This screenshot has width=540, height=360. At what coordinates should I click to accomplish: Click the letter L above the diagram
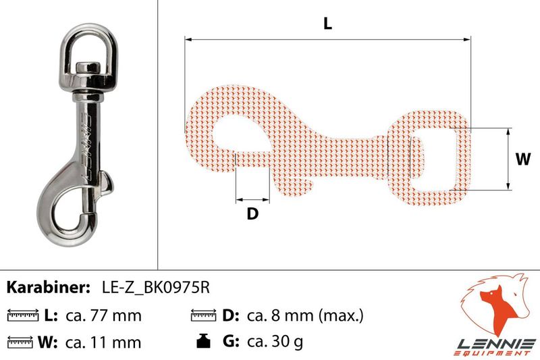(327, 24)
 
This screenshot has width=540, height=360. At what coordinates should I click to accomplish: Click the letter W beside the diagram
(523, 159)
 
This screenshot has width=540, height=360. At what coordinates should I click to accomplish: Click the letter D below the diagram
(252, 213)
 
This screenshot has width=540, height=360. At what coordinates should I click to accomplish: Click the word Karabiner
(48, 287)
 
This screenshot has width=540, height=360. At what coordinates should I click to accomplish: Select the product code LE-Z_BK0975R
(156, 288)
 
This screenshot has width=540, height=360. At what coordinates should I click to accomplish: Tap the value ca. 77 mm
(103, 315)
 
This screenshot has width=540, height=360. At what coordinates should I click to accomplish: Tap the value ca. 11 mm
(103, 342)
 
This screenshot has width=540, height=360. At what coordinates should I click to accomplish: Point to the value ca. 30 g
(275, 342)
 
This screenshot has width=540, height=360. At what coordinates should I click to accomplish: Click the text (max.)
(341, 315)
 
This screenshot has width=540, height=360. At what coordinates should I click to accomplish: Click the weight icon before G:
(204, 340)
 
